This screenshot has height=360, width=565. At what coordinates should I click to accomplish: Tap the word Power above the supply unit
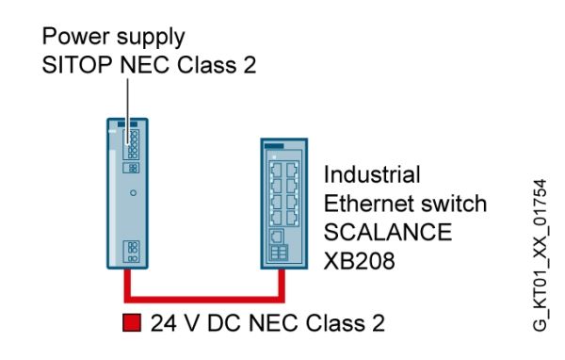(x=76, y=36)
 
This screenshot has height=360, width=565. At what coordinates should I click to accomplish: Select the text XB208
(x=360, y=261)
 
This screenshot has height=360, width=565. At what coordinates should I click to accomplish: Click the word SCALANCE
(x=388, y=232)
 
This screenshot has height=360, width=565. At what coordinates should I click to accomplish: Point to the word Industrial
(x=372, y=174)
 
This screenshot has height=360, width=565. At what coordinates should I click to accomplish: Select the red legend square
(x=132, y=322)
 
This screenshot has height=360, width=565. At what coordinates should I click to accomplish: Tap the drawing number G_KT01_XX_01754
(x=540, y=254)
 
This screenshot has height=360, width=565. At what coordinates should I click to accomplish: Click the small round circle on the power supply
(x=133, y=193)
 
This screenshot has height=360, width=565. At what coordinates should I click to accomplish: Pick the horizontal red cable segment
(x=204, y=300)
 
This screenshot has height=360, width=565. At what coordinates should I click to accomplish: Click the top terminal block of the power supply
(x=131, y=144)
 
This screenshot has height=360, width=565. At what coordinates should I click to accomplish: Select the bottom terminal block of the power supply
(x=131, y=252)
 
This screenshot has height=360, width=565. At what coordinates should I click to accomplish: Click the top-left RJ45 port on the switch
(x=276, y=170)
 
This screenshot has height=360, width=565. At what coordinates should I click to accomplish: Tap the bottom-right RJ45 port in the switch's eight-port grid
(x=292, y=218)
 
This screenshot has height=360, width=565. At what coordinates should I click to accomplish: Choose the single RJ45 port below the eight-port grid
(x=276, y=237)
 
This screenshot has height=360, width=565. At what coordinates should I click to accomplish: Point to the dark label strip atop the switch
(x=274, y=146)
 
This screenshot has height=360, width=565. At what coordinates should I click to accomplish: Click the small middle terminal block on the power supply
(x=131, y=168)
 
